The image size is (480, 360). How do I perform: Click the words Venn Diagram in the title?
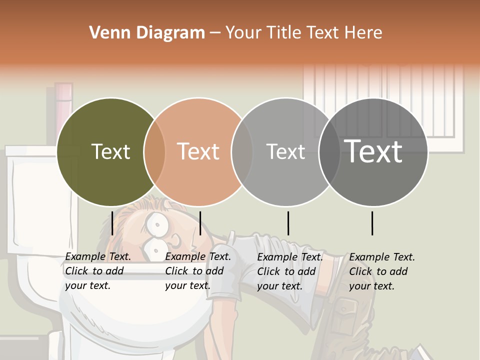(147, 33)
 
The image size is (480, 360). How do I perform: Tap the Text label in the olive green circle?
(110, 151)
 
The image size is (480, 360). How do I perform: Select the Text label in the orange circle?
(198, 151)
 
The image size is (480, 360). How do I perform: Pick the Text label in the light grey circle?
(285, 151)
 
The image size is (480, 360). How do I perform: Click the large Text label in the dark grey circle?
(373, 151)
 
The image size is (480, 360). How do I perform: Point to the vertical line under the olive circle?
(112, 223)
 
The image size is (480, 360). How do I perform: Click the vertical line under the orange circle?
(200, 223)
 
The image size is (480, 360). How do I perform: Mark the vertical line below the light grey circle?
(288, 223)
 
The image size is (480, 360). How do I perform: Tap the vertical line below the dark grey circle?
(372, 223)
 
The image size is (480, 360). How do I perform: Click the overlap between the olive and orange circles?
(154, 151)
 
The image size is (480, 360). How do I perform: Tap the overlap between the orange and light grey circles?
(242, 151)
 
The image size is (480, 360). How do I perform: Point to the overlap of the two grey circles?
(329, 151)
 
